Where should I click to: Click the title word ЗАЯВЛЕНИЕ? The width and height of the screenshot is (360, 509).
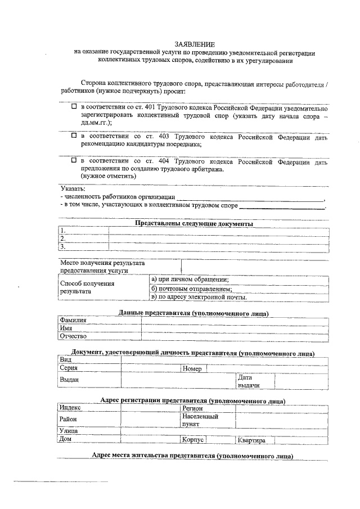pyautogui.click(x=195, y=44)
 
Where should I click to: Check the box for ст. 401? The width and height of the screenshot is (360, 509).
pyautogui.click(x=73, y=106)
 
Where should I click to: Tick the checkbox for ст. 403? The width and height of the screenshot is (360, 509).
pyautogui.click(x=73, y=136)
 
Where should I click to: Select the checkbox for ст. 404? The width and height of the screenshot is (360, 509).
pyautogui.click(x=73, y=160)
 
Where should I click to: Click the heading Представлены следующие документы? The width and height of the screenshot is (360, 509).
pyautogui.click(x=194, y=223)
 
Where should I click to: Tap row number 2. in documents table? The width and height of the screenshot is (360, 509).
pyautogui.click(x=64, y=238)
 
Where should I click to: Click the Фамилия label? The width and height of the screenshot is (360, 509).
pyautogui.click(x=73, y=320)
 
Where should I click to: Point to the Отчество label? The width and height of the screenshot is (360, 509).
pyautogui.click(x=74, y=336)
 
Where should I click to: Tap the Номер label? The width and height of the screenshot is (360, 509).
pyautogui.click(x=192, y=369)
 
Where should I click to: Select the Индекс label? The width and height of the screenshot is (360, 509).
pyautogui.click(x=71, y=408)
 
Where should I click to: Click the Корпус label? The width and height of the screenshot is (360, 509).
pyautogui.click(x=192, y=440)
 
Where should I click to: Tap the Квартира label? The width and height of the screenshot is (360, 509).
pyautogui.click(x=252, y=440)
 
